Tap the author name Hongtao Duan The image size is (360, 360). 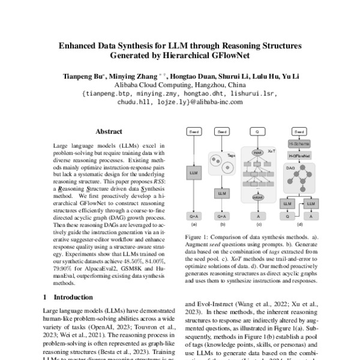[x=190, y=77]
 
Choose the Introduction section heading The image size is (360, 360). [x=68, y=297]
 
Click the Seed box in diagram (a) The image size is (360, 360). [x=194, y=131]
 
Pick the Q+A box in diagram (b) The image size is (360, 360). [x=223, y=215]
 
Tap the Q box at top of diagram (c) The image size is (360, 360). [x=257, y=131]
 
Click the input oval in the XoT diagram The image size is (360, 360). [x=257, y=153]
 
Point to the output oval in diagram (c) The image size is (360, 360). [x=257, y=196]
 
